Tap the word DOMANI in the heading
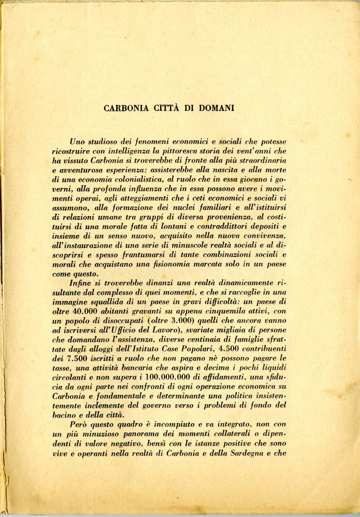216,108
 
